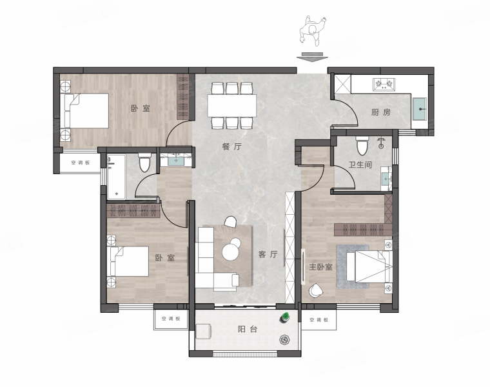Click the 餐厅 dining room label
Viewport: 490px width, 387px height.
pyautogui.click(x=232, y=146)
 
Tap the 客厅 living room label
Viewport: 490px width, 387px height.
pyautogui.click(x=268, y=254)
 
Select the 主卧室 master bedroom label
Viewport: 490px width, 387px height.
pyautogui.click(x=320, y=267)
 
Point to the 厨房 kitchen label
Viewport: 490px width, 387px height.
pyautogui.click(x=381, y=112)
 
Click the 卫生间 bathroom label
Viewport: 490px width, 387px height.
pyautogui.click(x=360, y=164)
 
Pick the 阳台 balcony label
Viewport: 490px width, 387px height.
pyautogui.click(x=248, y=329)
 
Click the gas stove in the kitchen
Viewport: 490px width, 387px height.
pyautogui.click(x=384, y=84)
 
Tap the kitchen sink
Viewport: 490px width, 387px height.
pyautogui.click(x=419, y=109)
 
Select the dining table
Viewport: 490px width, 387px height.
pyautogui.click(x=232, y=105)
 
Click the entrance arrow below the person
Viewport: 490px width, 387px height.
pyautogui.click(x=312, y=57)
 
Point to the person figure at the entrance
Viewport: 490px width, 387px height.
pyautogui.click(x=313, y=31)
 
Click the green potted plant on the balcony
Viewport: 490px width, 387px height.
pyautogui.click(x=285, y=317)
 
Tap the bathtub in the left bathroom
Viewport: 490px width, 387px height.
pyautogui.click(x=116, y=177)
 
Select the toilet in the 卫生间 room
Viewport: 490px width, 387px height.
pyautogui.click(x=362, y=145)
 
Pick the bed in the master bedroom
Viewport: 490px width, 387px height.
pyautogui.click(x=369, y=266)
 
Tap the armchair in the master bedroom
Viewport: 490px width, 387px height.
pyautogui.click(x=316, y=290)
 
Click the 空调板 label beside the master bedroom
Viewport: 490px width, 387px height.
pyautogui.click(x=318, y=320)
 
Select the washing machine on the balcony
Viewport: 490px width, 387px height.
pyautogui.click(x=203, y=332)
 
